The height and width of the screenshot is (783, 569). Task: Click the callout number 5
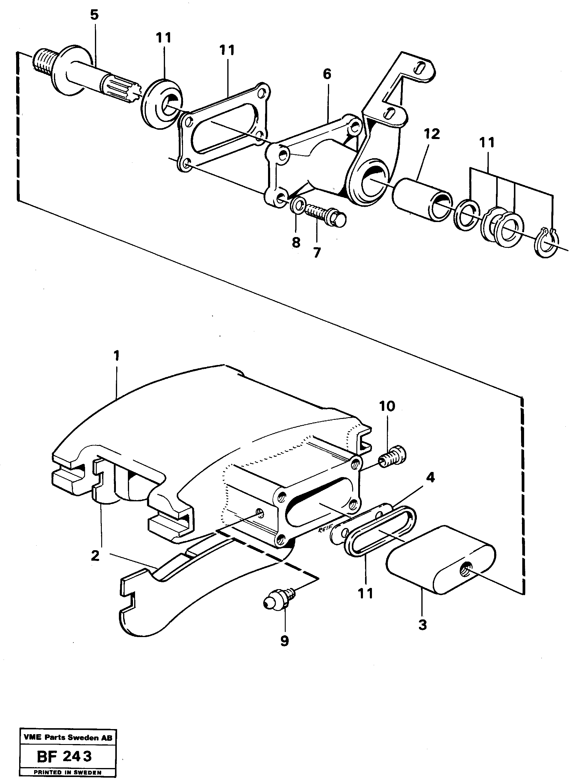point(94,16)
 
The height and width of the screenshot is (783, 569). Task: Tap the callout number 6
point(327,74)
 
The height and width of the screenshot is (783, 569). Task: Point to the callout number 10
point(387,406)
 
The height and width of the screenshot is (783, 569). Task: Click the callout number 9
point(284,641)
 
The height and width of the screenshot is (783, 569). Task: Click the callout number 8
point(296,243)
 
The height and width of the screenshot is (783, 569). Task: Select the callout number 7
point(317,253)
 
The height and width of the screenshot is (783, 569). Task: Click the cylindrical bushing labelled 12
point(422,199)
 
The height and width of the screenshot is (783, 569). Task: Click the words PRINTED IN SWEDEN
point(67,763)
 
